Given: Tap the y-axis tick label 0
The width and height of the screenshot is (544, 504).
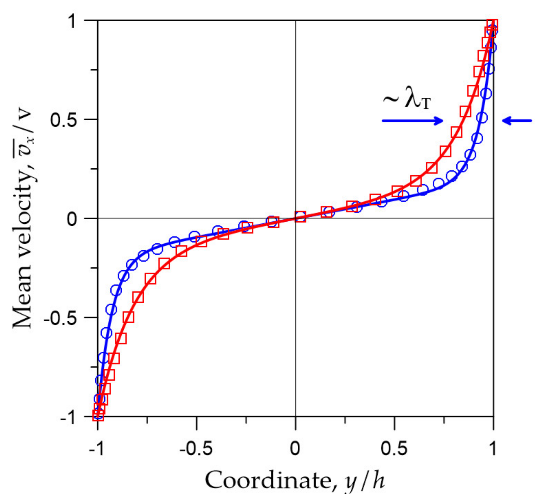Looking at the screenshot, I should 72,219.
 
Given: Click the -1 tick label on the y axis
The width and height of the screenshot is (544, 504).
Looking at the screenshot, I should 68,418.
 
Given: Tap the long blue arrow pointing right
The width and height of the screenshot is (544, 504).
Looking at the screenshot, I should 412,121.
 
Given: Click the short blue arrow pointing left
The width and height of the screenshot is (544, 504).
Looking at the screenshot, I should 517,121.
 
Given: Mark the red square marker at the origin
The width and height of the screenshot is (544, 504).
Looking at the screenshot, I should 300,217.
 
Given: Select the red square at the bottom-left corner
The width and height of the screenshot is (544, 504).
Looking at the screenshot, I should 98,415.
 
